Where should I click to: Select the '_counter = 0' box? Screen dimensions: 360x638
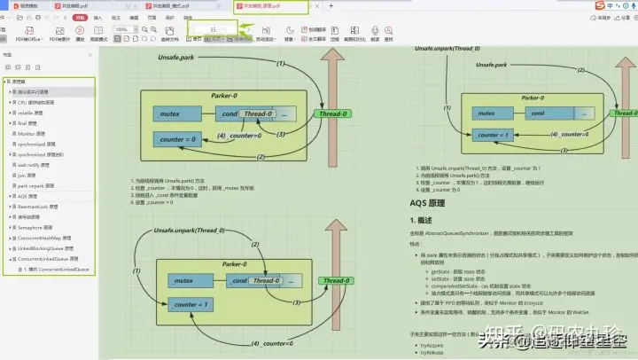point(177,139)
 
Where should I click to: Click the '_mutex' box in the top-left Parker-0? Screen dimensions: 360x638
point(170,115)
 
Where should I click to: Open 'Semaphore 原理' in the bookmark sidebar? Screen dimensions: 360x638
point(35,226)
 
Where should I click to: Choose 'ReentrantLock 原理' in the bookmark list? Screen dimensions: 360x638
point(39,206)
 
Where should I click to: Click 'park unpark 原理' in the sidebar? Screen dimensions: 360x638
point(36,185)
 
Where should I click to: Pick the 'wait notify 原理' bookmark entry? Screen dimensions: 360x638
point(35,164)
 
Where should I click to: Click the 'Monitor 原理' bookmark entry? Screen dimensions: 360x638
point(31,133)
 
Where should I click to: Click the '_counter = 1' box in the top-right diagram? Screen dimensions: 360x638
point(492,134)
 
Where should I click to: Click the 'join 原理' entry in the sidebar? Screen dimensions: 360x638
point(27,175)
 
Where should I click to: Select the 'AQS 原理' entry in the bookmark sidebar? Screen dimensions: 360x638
point(27,195)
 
